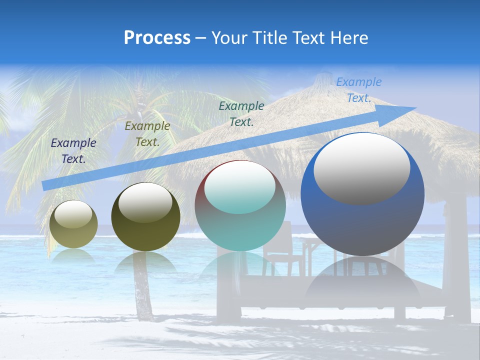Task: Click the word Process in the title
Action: click(157, 37)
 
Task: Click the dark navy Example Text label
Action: click(73, 150)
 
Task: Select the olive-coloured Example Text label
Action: click(147, 134)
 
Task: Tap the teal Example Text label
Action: click(241, 113)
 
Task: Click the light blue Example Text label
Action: click(358, 89)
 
